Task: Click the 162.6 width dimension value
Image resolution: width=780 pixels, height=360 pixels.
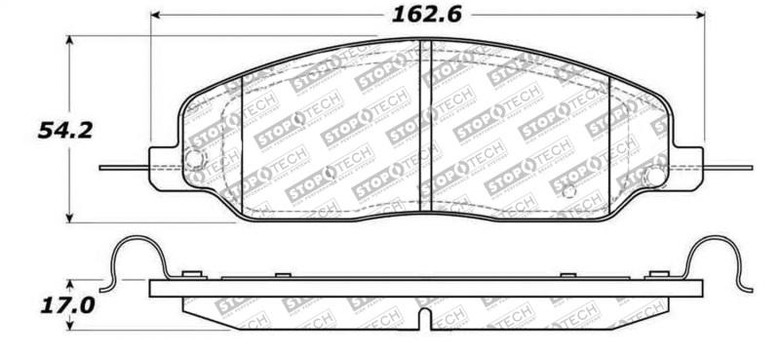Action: click(428, 15)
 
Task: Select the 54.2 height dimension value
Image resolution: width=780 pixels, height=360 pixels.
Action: click(65, 130)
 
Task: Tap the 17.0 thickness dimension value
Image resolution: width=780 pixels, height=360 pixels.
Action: click(66, 304)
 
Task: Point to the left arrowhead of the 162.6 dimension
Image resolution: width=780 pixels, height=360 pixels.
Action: click(157, 16)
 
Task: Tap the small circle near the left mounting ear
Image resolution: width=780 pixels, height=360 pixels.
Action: click(195, 160)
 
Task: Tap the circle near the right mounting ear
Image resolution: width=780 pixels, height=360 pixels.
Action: click(656, 177)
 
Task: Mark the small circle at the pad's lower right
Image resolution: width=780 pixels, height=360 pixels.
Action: click(569, 191)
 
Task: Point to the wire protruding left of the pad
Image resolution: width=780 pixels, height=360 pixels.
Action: click(123, 167)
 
